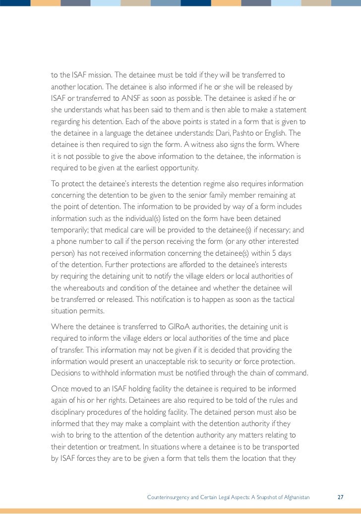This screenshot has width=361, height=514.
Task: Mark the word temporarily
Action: (x=71, y=230)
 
